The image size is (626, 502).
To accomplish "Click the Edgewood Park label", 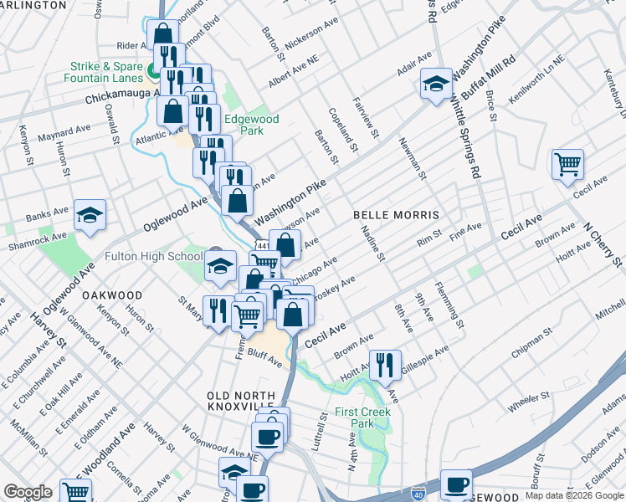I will (254, 125).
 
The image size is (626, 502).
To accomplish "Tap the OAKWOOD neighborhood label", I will (112, 295).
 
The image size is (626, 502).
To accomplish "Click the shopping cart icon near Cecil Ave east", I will (567, 164).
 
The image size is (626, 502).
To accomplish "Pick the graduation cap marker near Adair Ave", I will (435, 85).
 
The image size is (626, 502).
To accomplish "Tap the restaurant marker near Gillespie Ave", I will (385, 364).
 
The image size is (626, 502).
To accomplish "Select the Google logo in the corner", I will (28, 492).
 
